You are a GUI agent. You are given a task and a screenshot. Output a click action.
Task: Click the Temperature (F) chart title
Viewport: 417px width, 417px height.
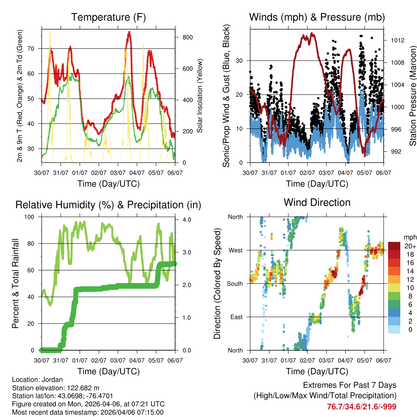108,17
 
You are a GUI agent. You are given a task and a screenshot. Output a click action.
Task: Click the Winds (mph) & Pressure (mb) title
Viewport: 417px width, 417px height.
317,17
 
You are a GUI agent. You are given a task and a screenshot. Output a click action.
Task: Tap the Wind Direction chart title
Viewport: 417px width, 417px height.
317,202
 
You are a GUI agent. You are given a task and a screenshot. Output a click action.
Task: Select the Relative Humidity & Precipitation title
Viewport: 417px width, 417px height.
108,205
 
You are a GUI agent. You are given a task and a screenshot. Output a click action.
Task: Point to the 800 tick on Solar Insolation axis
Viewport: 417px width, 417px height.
187,37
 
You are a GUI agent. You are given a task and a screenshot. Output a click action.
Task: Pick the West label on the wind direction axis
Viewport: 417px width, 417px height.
235,250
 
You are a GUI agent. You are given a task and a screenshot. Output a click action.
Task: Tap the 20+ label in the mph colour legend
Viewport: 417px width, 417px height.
410,246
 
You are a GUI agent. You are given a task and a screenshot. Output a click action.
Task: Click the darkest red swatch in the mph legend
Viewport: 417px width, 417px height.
394,246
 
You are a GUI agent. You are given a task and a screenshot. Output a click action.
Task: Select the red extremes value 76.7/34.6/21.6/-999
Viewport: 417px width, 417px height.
362,406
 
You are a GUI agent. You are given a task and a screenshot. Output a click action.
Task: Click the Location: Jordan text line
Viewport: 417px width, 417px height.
37,380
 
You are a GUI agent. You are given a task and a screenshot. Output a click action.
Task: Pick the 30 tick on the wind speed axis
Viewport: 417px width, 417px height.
240,61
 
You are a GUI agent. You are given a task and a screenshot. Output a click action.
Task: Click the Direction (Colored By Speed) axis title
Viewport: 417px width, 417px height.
217,284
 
